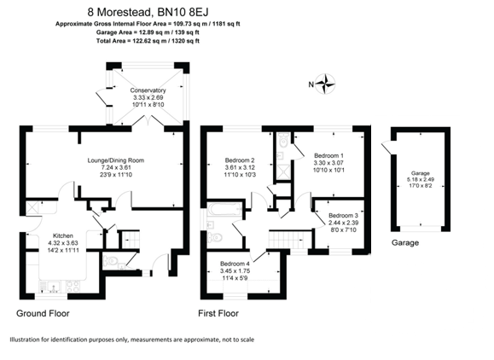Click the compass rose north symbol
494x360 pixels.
pyautogui.click(x=325, y=84)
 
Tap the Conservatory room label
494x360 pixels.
pyautogui.click(x=148, y=90)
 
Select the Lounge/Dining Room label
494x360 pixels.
pyautogui.click(x=116, y=160)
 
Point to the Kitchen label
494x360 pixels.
pyautogui.click(x=63, y=235)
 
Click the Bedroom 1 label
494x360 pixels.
pyautogui.click(x=329, y=155)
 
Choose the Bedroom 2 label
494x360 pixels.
pyautogui.click(x=240, y=160)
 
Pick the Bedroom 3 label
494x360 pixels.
pyautogui.click(x=343, y=216)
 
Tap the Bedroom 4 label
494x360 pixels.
pyautogui.click(x=235, y=264)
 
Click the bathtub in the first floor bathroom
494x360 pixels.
pyautogui.click(x=224, y=208)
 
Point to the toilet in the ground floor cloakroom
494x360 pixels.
pyautogui.click(x=110, y=261)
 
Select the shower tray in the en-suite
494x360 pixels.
pyautogui.click(x=284, y=172)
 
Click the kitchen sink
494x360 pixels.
pyautogui.click(x=51, y=287)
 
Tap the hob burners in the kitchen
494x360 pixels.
pyautogui.click(x=73, y=287)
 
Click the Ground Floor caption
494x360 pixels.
pyautogui.click(x=43, y=313)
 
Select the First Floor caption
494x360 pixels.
pyautogui.click(x=218, y=313)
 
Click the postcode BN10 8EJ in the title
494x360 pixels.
pyautogui.click(x=183, y=12)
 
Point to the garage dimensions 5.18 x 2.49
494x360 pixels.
pyautogui.click(x=421, y=179)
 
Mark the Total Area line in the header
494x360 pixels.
pyautogui.click(x=148, y=41)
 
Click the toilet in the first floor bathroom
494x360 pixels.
pyautogui.click(x=215, y=237)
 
